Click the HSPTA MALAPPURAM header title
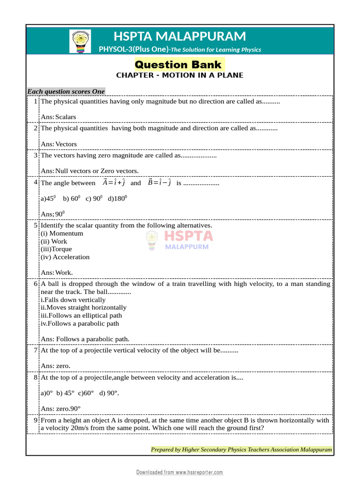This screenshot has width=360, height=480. tap(180, 36)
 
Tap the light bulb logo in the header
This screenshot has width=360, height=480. tap(80, 41)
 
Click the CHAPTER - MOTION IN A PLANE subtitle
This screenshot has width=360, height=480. tap(180, 75)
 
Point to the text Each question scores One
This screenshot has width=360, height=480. tap(66, 91)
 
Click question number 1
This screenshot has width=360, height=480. tap(36, 101)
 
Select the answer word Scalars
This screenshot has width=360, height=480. tap(66, 117)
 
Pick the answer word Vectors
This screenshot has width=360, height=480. tap(66, 144)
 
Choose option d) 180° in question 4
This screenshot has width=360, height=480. tap(117, 198)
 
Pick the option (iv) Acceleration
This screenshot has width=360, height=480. tap(65, 257)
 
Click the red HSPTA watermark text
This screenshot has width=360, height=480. tap(188, 236)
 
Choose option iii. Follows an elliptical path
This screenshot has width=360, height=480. tap(81, 315)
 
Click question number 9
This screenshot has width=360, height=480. tap(36, 420)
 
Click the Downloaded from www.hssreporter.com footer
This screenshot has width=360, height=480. tap(180, 472)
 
